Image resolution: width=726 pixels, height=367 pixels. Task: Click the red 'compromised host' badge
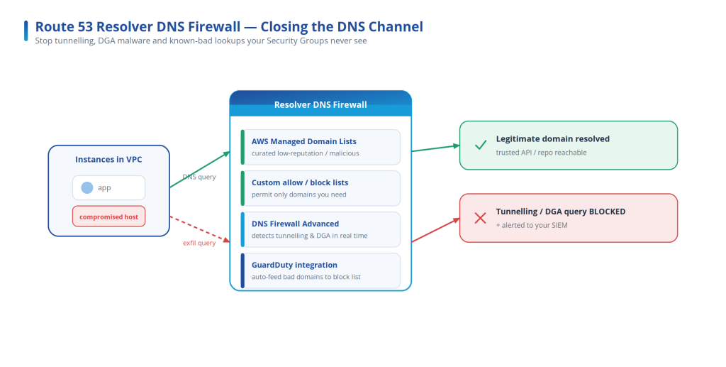click(108, 217)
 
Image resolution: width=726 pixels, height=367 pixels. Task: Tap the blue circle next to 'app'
click(87, 187)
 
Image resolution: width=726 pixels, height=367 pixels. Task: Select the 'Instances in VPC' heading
click(108, 160)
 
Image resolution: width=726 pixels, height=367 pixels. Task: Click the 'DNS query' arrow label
click(199, 177)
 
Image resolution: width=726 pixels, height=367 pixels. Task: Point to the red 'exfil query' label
click(199, 243)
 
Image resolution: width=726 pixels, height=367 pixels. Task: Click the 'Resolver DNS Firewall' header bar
click(320, 104)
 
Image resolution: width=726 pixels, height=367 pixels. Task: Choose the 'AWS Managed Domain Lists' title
click(303, 141)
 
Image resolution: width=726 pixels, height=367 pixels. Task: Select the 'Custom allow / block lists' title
click(300, 182)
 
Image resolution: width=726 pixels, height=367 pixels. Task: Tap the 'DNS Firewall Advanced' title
click(295, 224)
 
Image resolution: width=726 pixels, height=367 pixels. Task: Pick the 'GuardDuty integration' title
click(294, 265)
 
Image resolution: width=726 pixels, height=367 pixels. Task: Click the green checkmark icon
click(481, 145)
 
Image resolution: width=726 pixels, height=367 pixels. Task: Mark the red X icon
click(480, 218)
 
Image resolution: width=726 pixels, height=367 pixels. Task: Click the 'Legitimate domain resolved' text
click(553, 138)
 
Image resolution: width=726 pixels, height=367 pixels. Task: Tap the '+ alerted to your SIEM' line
click(532, 225)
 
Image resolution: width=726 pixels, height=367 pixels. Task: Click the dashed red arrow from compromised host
click(200, 229)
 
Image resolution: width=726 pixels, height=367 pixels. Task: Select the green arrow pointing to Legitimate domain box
click(436, 148)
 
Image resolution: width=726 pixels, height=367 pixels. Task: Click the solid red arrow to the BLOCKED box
click(436, 230)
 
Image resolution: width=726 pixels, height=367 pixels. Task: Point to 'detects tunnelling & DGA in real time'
click(309, 236)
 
